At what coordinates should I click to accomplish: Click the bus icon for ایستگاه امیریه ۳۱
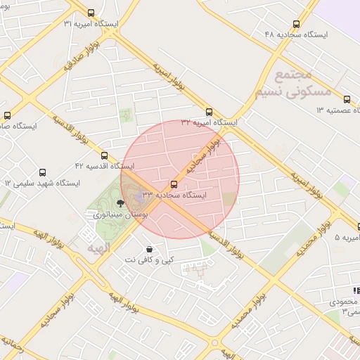click(x=91, y=13)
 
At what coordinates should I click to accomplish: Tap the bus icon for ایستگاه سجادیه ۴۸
click(x=296, y=23)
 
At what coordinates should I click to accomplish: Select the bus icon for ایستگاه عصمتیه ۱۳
click(x=347, y=99)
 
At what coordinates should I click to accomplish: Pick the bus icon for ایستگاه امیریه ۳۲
click(x=209, y=111)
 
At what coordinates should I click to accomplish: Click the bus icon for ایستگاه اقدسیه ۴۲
click(x=104, y=155)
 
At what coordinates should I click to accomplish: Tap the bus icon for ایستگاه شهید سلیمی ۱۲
click(x=43, y=172)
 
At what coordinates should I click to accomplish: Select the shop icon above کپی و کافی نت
click(x=149, y=250)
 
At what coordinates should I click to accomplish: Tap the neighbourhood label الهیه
click(x=98, y=249)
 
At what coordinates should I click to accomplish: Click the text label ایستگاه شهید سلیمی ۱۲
click(x=43, y=184)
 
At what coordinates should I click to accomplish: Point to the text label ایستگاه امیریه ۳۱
click(x=91, y=24)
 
